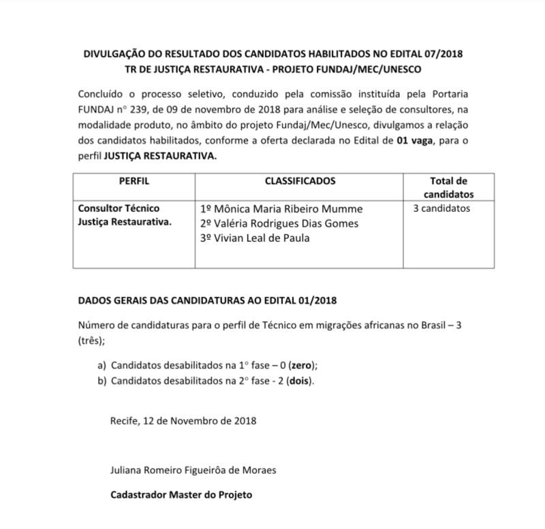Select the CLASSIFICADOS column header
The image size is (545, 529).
pyautogui.click(x=300, y=182)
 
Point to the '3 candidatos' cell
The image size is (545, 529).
pyautogui.click(x=441, y=208)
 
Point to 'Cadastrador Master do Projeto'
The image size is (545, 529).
pyautogui.click(x=181, y=495)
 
